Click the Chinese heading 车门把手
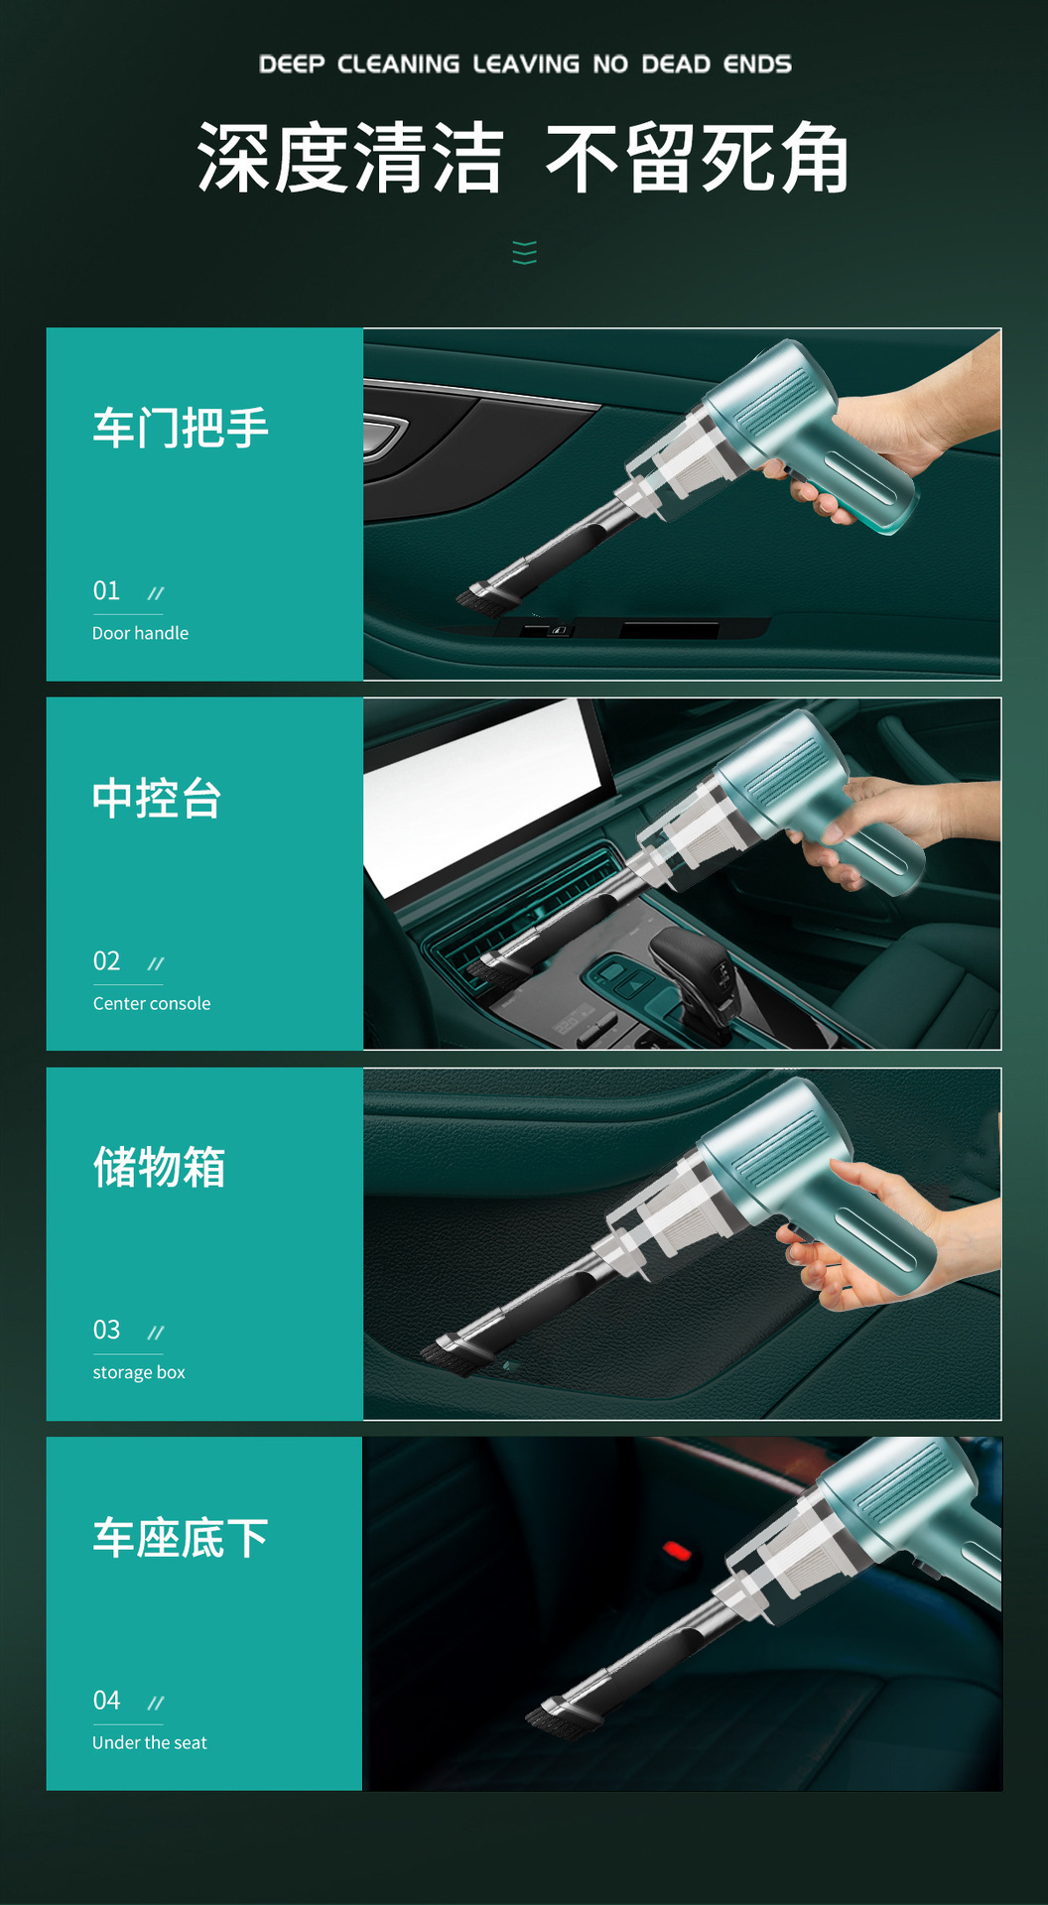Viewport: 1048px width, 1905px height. click(181, 429)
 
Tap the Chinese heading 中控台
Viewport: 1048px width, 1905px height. click(157, 799)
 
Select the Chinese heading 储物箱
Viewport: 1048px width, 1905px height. click(159, 1167)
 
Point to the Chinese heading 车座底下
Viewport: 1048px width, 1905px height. click(181, 1538)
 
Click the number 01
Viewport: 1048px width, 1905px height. click(106, 591)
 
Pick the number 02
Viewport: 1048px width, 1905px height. click(106, 961)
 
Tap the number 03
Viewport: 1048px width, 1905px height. click(106, 1331)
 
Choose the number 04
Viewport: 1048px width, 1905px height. click(106, 1701)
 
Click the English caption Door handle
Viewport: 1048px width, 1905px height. click(140, 633)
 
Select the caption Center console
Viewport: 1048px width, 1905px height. click(152, 1003)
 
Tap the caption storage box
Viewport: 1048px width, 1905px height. click(139, 1373)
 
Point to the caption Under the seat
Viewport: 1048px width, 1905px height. click(150, 1743)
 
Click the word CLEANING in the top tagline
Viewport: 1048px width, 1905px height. click(399, 64)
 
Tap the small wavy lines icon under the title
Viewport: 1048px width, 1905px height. click(525, 253)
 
